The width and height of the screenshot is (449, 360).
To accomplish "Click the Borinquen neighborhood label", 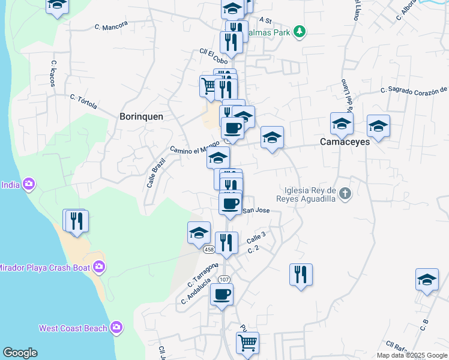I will point(141,116).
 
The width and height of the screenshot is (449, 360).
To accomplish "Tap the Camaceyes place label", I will point(345,142).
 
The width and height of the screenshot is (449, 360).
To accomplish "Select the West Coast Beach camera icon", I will point(116,328).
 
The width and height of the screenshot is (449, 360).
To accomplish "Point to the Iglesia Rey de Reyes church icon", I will point(345,193).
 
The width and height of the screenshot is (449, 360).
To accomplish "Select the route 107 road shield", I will point(224,279).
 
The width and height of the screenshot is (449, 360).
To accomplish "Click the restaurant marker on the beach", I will point(76,221).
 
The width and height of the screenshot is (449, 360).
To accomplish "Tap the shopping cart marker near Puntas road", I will point(247,343).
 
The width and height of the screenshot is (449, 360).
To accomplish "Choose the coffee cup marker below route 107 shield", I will point(221,295).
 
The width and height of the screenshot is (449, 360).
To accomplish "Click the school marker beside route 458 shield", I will point(199,233).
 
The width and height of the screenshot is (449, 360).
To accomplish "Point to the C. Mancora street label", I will point(112,26).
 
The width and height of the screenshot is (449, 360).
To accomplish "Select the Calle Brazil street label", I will point(155,173).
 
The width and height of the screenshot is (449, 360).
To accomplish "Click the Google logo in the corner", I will point(20,353).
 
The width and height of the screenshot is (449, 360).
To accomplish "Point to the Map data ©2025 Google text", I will point(411,355).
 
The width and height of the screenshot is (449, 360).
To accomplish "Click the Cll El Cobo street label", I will point(214,56).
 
